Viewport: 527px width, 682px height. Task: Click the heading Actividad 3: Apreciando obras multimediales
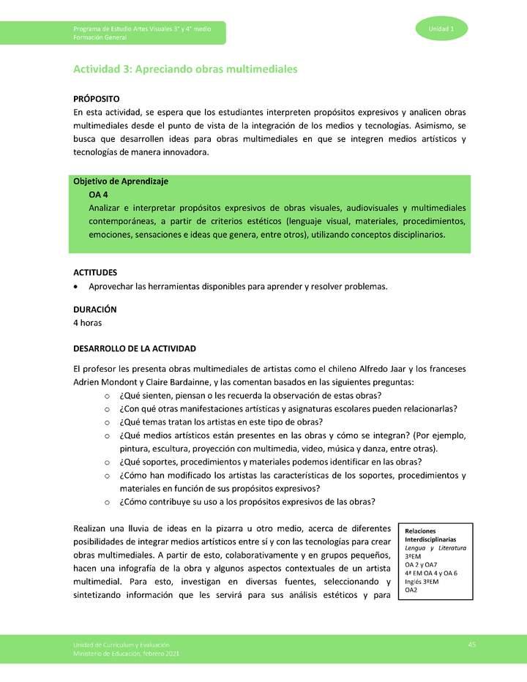(x=184, y=69)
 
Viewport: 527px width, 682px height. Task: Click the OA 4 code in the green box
(x=100, y=195)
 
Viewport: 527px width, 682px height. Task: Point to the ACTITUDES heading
(x=95, y=272)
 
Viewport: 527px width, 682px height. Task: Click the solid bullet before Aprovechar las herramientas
(x=77, y=286)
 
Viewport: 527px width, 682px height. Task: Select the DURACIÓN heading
(x=95, y=310)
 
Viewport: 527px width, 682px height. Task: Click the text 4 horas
(x=88, y=323)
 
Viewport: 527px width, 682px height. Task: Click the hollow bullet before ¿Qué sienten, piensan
(x=107, y=396)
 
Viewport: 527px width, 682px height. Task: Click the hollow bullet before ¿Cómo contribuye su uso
(x=107, y=502)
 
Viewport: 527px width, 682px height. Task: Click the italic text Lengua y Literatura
(x=436, y=547)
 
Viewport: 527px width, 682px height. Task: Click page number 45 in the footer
(x=472, y=643)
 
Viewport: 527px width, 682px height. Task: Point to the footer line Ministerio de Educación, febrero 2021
(x=125, y=653)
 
